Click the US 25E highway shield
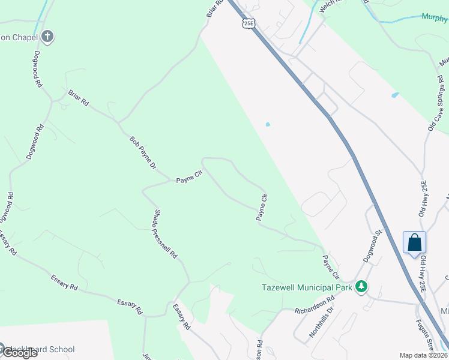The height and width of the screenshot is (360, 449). pyautogui.click(x=248, y=22)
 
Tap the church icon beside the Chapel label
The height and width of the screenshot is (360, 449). pyautogui.click(x=47, y=37)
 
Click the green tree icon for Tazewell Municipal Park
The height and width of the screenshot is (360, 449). pyautogui.click(x=361, y=287)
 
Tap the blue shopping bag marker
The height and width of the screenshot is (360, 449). pyautogui.click(x=414, y=243)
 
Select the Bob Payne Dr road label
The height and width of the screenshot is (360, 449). pyautogui.click(x=143, y=152)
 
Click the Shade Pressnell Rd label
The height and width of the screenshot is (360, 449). pyautogui.click(x=166, y=235)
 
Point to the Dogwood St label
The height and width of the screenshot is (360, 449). pyautogui.click(x=372, y=245)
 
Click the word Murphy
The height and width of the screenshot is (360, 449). pyautogui.click(x=435, y=17)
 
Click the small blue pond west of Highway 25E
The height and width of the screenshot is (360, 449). pyautogui.click(x=267, y=125)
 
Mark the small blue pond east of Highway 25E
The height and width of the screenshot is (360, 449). pyautogui.click(x=394, y=95)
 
